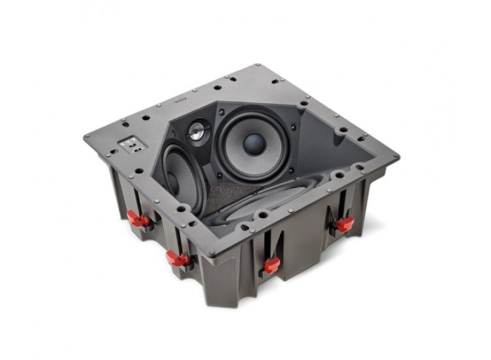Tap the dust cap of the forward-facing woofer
(x=255, y=145)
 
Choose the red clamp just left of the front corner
(x=177, y=257)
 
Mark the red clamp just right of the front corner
(x=271, y=264)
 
